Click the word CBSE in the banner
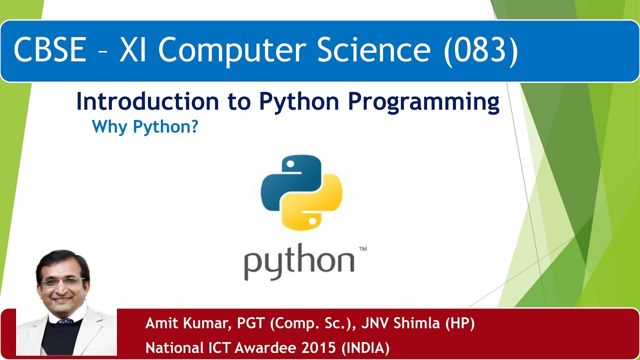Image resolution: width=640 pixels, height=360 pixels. (x=50, y=50)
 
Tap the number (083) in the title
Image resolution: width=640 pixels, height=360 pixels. (x=480, y=50)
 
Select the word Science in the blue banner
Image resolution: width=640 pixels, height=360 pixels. (x=375, y=50)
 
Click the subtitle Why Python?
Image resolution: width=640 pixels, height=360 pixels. (x=145, y=127)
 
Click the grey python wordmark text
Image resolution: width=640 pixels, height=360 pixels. (x=299, y=264)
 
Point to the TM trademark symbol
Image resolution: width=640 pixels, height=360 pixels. (x=362, y=248)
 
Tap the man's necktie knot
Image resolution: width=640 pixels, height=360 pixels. (x=65, y=321)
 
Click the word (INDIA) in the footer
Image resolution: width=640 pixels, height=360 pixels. (x=365, y=347)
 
